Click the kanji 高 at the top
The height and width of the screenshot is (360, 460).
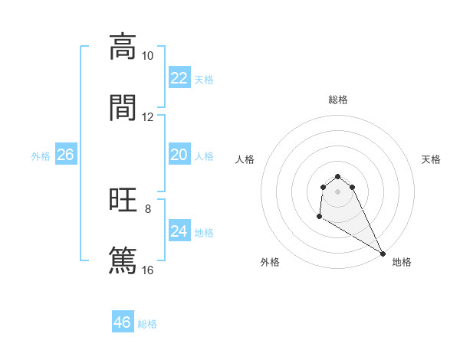(x=123, y=47)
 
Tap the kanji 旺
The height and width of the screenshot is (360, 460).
(x=123, y=201)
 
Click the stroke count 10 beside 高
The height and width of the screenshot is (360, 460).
(x=148, y=56)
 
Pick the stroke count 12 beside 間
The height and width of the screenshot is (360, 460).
(x=148, y=116)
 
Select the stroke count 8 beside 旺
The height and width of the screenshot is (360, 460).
(x=148, y=208)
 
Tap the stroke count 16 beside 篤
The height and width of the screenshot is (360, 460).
(x=148, y=270)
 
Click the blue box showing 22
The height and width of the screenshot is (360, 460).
(x=179, y=78)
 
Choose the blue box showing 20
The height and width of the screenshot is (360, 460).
(x=179, y=155)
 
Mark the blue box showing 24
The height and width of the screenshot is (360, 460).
(x=179, y=231)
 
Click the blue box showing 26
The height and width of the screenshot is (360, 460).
(x=66, y=155)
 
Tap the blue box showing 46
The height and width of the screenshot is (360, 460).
(x=123, y=322)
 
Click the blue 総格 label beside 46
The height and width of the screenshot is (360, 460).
(x=147, y=324)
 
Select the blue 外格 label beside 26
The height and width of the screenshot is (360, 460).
(x=41, y=156)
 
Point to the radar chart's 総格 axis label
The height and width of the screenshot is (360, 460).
(x=338, y=100)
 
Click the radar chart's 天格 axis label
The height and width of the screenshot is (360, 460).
(x=432, y=159)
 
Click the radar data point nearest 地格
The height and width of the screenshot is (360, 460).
(x=383, y=254)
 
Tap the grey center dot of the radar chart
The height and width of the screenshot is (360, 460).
(x=338, y=191)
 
